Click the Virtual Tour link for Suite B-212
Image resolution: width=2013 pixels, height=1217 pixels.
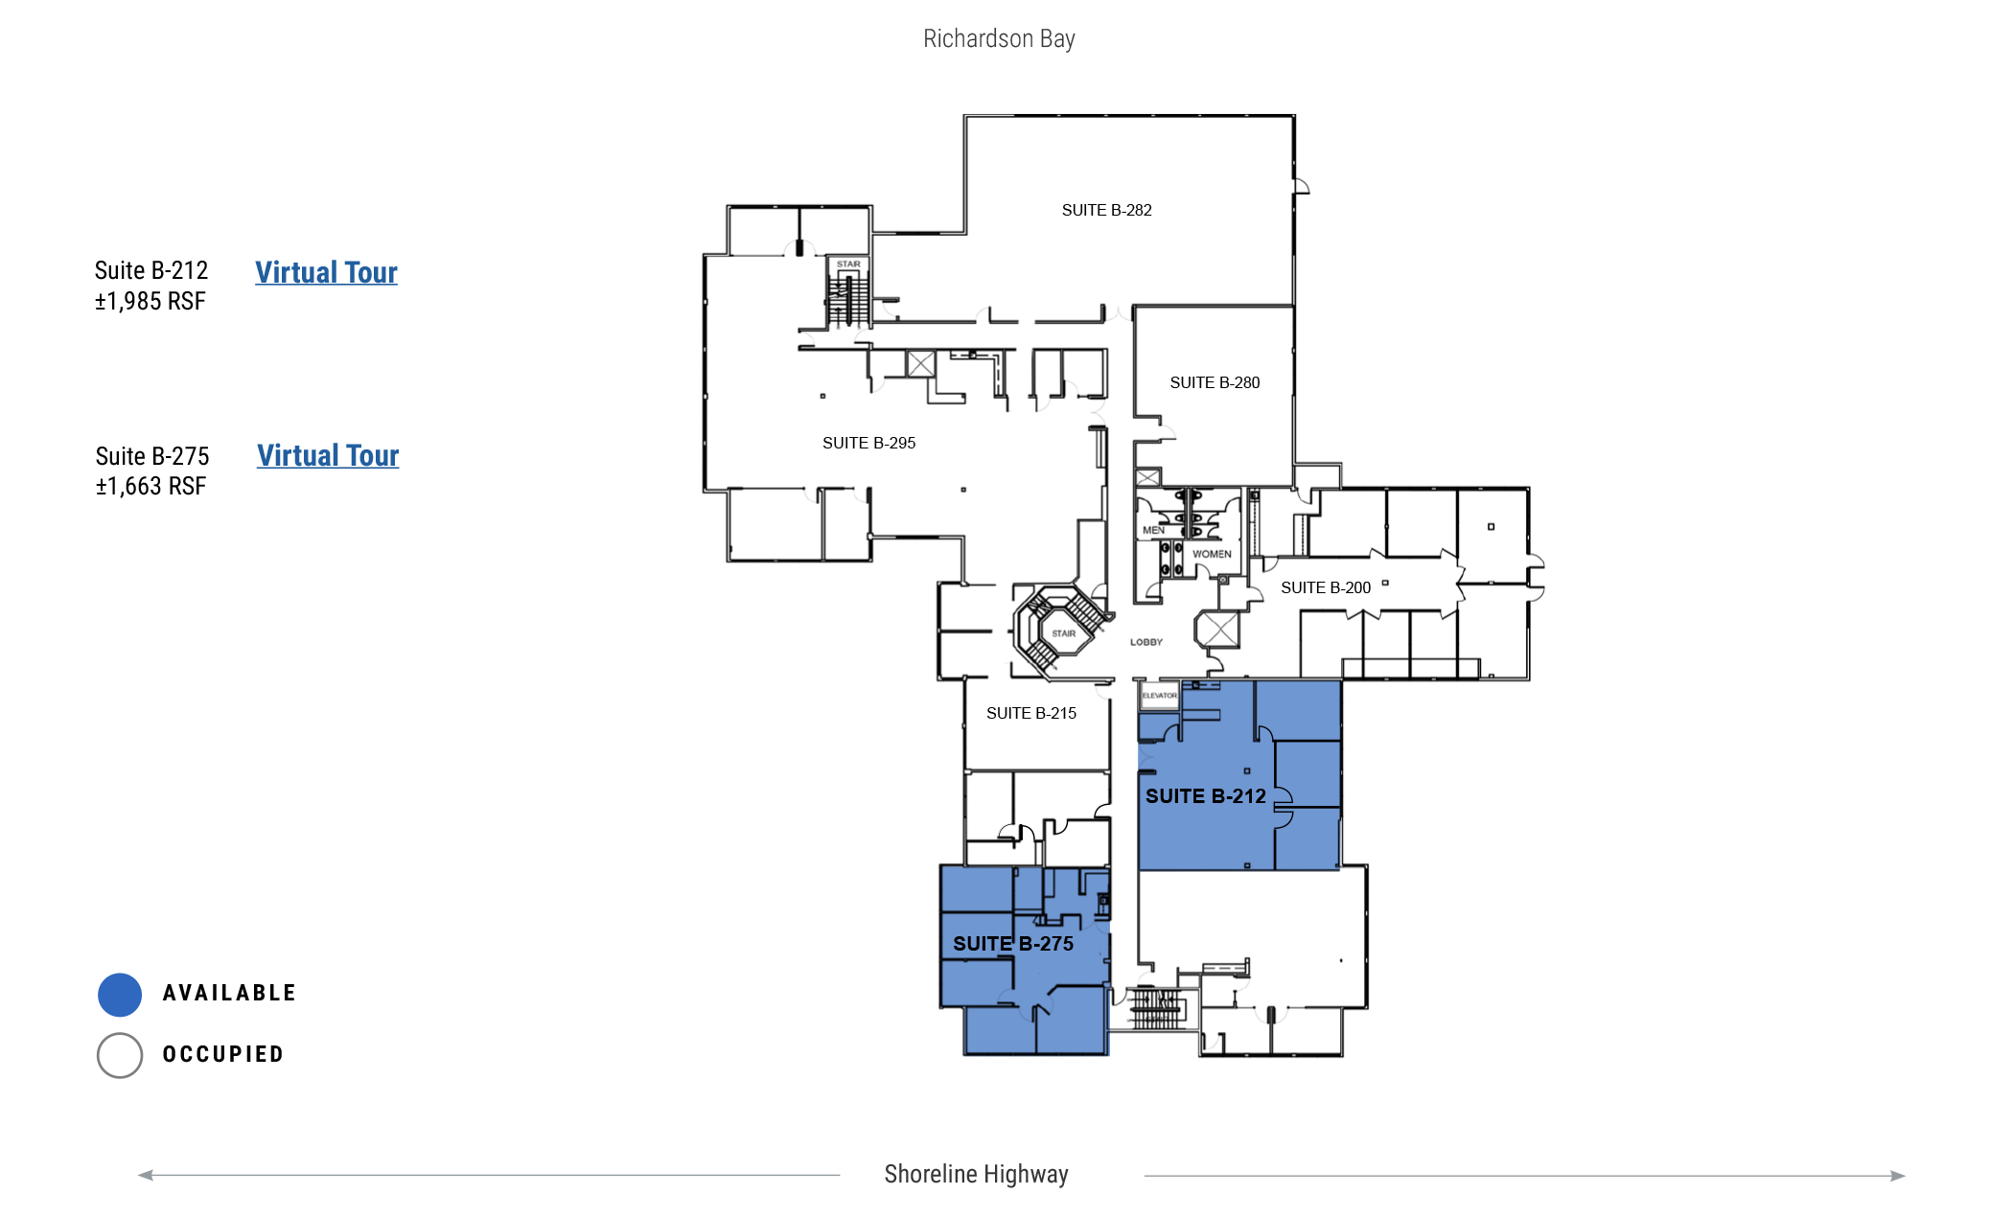point(326,272)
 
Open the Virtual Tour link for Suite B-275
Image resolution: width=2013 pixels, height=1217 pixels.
point(328,455)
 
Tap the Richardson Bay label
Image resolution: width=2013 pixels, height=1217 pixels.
point(999,38)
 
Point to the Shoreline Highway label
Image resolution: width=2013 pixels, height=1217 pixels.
point(976,1174)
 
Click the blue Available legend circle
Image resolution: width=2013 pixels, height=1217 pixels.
point(120,995)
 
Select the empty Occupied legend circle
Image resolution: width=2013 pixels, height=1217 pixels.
point(120,1055)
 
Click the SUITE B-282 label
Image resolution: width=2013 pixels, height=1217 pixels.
point(1106,210)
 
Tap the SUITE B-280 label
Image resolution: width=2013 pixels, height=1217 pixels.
point(1215,382)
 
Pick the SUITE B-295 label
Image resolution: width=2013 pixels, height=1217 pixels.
point(868,443)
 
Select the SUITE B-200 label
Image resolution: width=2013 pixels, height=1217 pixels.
point(1326,587)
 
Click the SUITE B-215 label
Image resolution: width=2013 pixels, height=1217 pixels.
point(1031,713)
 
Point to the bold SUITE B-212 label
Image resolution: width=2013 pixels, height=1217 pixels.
point(1206,796)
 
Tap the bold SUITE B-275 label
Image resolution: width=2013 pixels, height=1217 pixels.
point(1013,944)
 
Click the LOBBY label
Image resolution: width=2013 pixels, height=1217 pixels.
point(1146,642)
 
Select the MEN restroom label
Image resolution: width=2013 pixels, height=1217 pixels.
point(1153,530)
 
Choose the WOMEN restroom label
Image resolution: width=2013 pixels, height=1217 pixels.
point(1212,554)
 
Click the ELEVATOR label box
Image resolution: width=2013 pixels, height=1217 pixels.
point(1159,695)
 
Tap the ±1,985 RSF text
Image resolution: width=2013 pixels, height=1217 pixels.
point(150,302)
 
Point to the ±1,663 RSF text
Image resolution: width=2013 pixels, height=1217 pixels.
point(150,487)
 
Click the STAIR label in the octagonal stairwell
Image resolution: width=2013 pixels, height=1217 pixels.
point(1063,633)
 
